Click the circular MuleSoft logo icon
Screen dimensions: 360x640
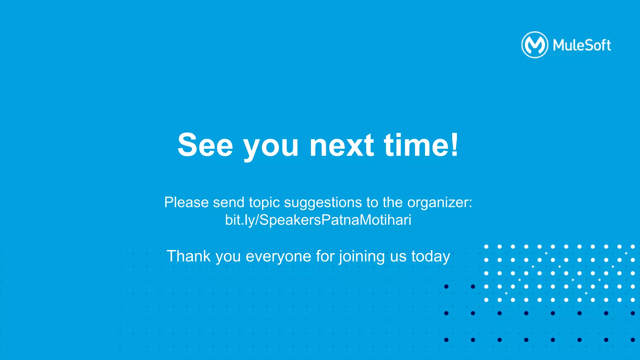tap(535, 45)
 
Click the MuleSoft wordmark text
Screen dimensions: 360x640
tap(582, 45)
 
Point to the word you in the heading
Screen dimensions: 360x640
tap(271, 147)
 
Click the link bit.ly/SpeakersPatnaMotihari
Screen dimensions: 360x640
tap(318, 220)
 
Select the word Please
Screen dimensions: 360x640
tap(187, 202)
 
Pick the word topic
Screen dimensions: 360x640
tap(264, 203)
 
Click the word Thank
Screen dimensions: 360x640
tap(189, 256)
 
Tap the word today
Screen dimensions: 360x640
tap(431, 257)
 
